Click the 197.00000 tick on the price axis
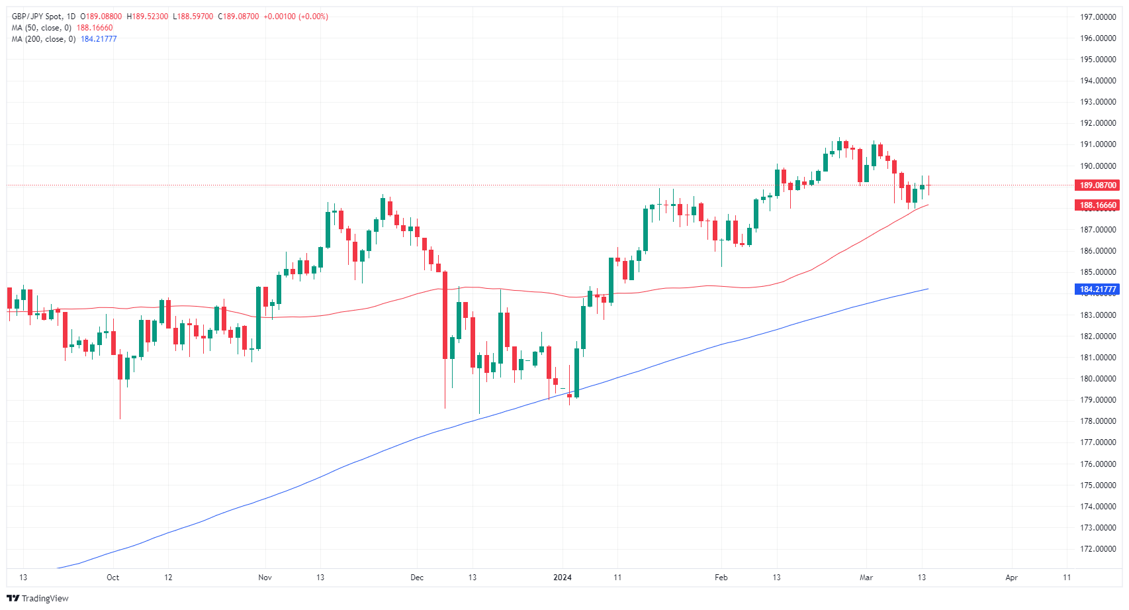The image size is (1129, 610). pyautogui.click(x=1098, y=17)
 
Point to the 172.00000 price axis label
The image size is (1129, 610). pyautogui.click(x=1098, y=549)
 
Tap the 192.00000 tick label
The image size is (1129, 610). pyautogui.click(x=1098, y=123)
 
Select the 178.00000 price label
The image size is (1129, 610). pyautogui.click(x=1098, y=421)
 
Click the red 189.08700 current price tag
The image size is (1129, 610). pyautogui.click(x=1098, y=185)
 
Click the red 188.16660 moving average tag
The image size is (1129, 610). pyautogui.click(x=1098, y=205)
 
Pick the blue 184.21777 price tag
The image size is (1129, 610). pyautogui.click(x=1098, y=289)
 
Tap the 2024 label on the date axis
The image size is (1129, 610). pyautogui.click(x=563, y=578)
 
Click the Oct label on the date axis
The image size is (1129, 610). pyautogui.click(x=113, y=578)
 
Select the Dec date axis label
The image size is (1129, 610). pyautogui.click(x=417, y=578)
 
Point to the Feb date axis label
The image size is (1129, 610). pyautogui.click(x=721, y=578)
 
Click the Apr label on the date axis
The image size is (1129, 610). pyautogui.click(x=1011, y=578)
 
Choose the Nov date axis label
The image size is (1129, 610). pyautogui.click(x=265, y=578)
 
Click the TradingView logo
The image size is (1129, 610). pyautogui.click(x=38, y=598)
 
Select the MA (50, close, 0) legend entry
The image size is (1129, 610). pyautogui.click(x=41, y=28)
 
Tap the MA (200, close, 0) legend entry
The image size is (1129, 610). pyautogui.click(x=43, y=39)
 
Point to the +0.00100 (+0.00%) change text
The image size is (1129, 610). pyautogui.click(x=296, y=17)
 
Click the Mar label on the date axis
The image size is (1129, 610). pyautogui.click(x=866, y=578)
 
